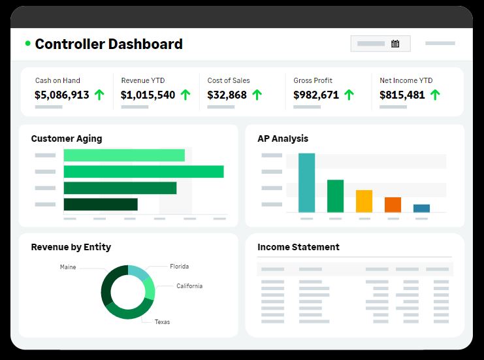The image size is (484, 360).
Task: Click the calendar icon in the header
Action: click(x=395, y=44)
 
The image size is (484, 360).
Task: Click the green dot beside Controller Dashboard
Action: click(x=28, y=44)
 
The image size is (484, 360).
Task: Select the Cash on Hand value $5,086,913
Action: click(x=62, y=95)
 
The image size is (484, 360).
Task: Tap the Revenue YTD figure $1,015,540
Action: click(x=148, y=95)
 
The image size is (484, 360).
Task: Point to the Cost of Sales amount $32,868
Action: click(x=227, y=95)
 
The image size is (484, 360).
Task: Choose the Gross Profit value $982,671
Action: click(x=316, y=95)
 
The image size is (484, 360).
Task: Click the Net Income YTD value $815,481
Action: click(x=402, y=95)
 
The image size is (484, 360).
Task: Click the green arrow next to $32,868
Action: click(x=257, y=95)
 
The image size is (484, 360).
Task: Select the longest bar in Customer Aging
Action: click(x=144, y=172)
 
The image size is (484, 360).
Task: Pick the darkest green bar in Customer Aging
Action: click(x=101, y=205)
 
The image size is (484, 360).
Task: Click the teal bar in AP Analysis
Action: click(x=306, y=182)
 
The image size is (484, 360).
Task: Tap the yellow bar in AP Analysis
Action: click(x=364, y=201)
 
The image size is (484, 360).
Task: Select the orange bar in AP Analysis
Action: click(x=393, y=205)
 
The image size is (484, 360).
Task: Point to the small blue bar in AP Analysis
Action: click(x=421, y=208)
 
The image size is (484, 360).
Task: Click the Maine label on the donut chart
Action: click(x=68, y=267)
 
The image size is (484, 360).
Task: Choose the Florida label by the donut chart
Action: click(x=180, y=267)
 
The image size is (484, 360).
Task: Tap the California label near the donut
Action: click(x=189, y=286)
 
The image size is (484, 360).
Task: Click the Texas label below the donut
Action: click(x=162, y=322)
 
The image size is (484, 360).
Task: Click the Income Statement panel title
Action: click(x=298, y=247)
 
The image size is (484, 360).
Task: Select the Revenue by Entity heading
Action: click(x=71, y=247)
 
